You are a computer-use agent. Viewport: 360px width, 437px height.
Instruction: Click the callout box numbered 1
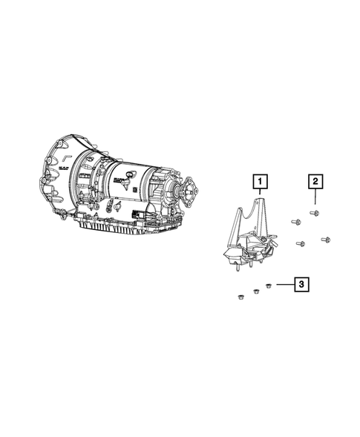pyautogui.click(x=260, y=182)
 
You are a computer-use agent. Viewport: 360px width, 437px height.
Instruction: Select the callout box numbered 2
pyautogui.click(x=315, y=182)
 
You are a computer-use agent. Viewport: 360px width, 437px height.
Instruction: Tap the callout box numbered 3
pyautogui.click(x=301, y=285)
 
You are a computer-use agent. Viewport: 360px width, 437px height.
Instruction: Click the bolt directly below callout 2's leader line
pyautogui.click(x=314, y=214)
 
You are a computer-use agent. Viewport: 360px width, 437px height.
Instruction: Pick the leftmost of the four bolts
pyautogui.click(x=296, y=222)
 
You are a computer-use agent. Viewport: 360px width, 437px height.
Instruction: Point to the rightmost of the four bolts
pyautogui.click(x=325, y=240)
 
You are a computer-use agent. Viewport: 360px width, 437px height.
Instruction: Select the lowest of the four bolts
pyautogui.click(x=301, y=244)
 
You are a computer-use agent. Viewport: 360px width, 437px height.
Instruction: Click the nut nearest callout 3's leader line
pyautogui.click(x=269, y=286)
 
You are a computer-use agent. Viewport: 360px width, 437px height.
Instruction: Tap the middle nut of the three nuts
pyautogui.click(x=255, y=292)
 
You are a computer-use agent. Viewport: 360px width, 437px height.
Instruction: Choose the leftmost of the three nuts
pyautogui.click(x=240, y=297)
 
